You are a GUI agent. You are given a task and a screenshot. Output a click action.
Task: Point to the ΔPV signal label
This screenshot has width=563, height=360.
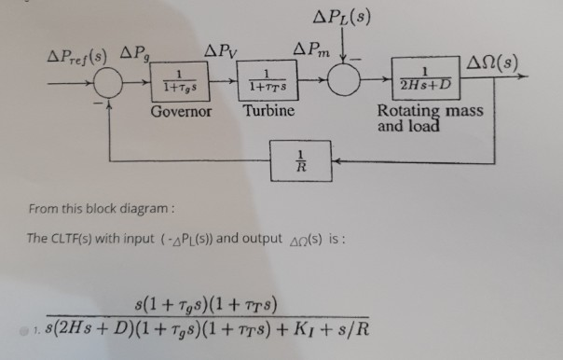click(222, 49)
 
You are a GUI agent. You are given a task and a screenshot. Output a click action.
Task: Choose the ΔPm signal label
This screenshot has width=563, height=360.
click(313, 47)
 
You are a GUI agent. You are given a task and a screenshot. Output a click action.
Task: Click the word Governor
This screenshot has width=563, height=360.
click(181, 113)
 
